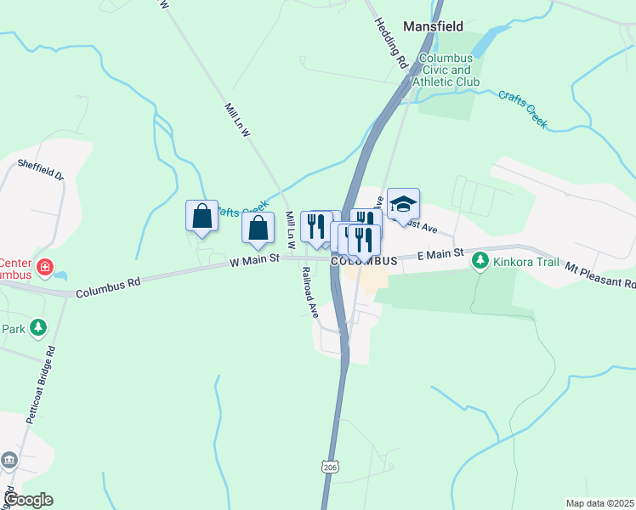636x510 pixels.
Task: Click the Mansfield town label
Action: click(433, 26)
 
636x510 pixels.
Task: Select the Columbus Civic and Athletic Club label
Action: click(450, 71)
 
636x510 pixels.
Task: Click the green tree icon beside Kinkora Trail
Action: click(481, 261)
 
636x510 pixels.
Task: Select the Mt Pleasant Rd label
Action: click(599, 274)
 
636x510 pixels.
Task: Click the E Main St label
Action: click(440, 254)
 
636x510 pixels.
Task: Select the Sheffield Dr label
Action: click(41, 171)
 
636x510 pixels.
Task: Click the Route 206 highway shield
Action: click(331, 466)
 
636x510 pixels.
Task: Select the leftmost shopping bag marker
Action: click(202, 216)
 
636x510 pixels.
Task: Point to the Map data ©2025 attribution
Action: click(599, 503)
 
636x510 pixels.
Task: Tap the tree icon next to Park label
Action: click(37, 327)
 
